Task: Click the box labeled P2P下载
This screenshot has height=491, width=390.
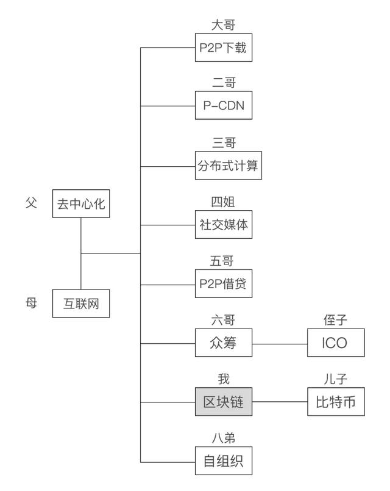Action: tap(223, 48)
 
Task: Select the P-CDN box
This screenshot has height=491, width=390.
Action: tap(223, 106)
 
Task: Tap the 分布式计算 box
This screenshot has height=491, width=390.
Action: tap(229, 165)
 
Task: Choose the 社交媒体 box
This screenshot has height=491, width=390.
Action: tap(223, 224)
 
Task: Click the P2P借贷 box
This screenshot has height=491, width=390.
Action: tap(223, 284)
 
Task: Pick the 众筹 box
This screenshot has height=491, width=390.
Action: tap(223, 343)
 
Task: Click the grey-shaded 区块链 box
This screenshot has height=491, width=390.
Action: tap(223, 402)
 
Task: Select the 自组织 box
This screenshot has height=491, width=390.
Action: tap(223, 461)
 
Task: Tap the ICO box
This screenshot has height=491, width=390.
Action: tap(335, 343)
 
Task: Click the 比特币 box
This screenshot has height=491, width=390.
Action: tap(335, 402)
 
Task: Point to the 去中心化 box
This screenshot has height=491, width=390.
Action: tap(81, 203)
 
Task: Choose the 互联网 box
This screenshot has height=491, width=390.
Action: tap(81, 303)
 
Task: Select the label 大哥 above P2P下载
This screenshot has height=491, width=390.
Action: tap(223, 25)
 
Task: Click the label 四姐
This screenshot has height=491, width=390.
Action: tap(223, 202)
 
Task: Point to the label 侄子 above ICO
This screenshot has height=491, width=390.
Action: tap(335, 321)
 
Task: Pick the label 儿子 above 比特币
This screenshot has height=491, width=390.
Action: tap(335, 379)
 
